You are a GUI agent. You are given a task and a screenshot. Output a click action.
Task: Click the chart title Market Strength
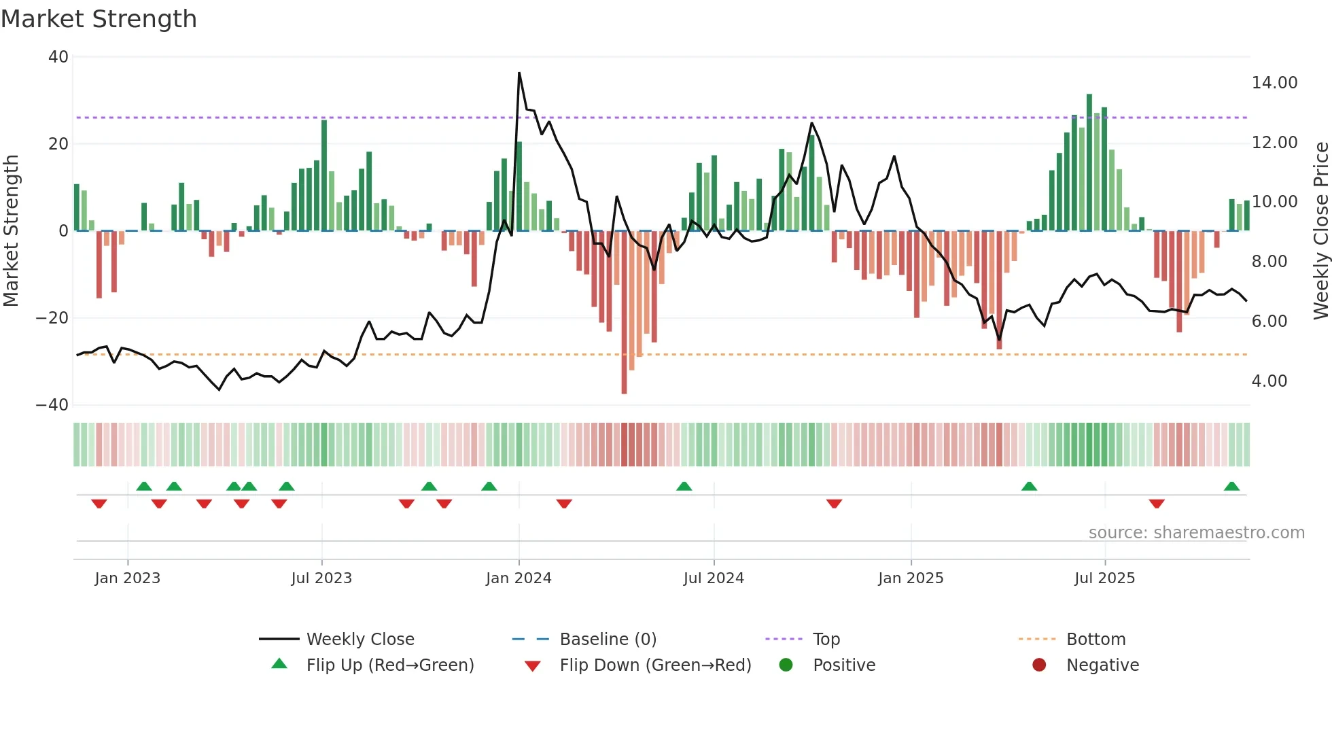click(99, 19)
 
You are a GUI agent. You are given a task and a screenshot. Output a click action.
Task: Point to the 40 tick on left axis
click(58, 57)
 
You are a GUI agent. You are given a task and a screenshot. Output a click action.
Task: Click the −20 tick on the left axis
click(52, 318)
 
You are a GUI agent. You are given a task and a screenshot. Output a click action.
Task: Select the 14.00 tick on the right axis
click(1274, 83)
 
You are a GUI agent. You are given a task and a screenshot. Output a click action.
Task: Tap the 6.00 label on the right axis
click(1269, 321)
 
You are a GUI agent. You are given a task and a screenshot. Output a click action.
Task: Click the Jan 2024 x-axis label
click(519, 578)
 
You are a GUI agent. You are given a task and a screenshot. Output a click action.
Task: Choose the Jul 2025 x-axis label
click(1104, 578)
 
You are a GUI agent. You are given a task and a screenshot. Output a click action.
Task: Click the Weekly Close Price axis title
click(1320, 231)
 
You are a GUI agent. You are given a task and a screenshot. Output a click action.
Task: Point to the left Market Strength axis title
click(11, 231)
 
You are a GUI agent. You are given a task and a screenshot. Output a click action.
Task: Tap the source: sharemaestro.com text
click(1196, 533)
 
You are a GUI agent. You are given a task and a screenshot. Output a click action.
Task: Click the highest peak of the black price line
click(519, 73)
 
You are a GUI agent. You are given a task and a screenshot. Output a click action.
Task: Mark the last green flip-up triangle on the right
click(1231, 487)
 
